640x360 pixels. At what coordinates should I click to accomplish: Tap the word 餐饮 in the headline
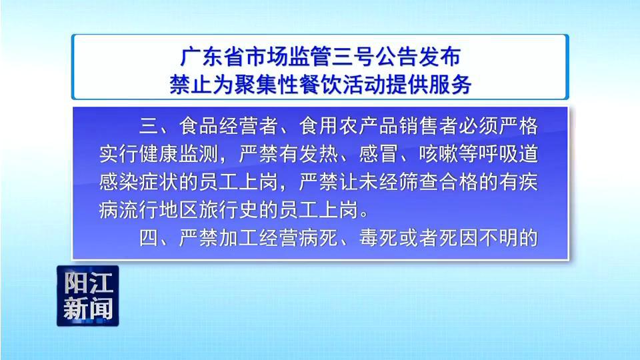click(321, 85)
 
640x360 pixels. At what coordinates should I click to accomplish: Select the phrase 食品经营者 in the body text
click(229, 126)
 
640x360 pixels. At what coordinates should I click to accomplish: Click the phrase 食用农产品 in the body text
click(348, 126)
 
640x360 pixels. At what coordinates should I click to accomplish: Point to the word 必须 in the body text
click(478, 126)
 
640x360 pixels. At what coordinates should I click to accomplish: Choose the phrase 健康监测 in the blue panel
click(179, 154)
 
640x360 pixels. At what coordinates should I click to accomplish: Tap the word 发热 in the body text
click(319, 154)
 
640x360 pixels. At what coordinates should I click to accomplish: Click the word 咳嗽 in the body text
click(438, 154)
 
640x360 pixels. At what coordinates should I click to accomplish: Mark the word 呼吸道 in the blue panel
click(508, 154)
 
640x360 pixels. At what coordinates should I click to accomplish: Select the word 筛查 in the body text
click(418, 181)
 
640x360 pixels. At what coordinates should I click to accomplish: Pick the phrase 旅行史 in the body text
click(229, 210)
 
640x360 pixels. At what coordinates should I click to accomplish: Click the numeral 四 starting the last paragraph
click(149, 237)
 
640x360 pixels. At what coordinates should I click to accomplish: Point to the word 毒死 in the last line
click(379, 237)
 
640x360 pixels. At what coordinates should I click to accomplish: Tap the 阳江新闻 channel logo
click(88, 296)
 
